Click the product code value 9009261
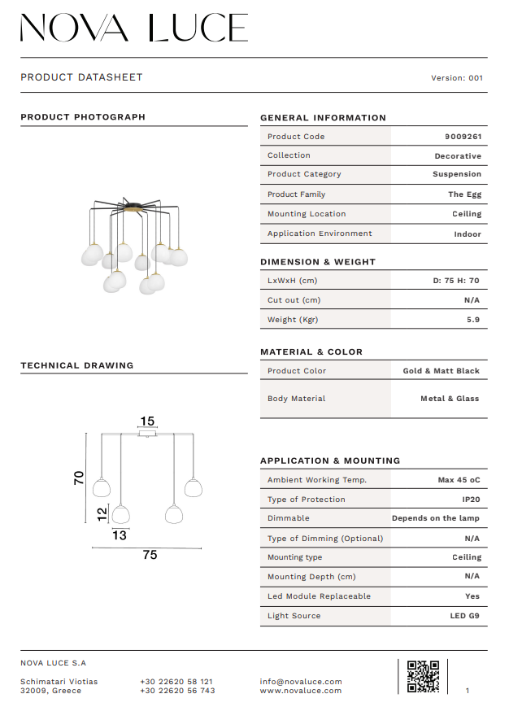(463, 137)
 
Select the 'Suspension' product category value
(457, 174)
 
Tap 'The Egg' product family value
(464, 194)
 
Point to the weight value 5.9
(473, 320)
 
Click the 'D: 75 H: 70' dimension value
(456, 281)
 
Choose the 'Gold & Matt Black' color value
(442, 371)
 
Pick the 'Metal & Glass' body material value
(450, 399)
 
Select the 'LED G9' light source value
(465, 616)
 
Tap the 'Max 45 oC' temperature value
(459, 480)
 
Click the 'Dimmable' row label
(289, 518)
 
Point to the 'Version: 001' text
(457, 78)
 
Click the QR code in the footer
(423, 676)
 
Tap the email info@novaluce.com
(301, 682)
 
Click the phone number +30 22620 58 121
(176, 682)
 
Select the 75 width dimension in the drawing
(150, 556)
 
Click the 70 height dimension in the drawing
(79, 478)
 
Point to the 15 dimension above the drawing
(147, 421)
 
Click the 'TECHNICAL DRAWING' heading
(76, 366)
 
